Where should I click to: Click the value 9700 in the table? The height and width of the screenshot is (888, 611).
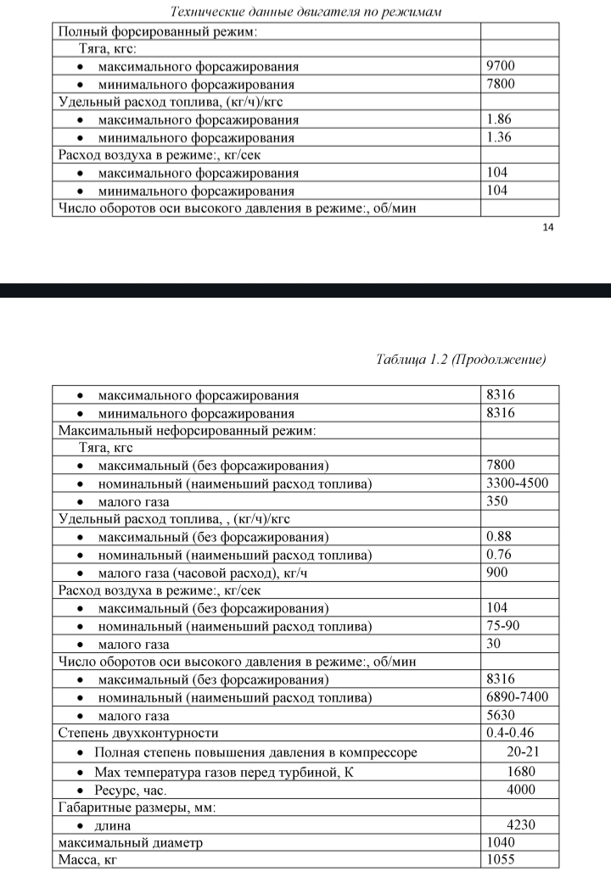[501, 66]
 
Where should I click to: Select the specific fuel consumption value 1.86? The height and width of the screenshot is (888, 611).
[499, 120]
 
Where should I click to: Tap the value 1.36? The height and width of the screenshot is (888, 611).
[499, 137]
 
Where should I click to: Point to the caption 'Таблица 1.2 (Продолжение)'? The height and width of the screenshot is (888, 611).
[460, 359]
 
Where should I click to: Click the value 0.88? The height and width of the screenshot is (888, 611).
[499, 538]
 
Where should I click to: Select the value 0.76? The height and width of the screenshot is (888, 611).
[499, 555]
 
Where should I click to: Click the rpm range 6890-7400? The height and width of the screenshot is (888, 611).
[518, 697]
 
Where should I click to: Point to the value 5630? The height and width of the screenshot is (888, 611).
[501, 715]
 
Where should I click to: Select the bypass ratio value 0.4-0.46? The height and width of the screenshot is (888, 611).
[511, 733]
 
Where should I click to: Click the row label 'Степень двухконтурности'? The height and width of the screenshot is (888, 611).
[137, 733]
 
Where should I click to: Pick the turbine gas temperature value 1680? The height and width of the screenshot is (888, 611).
[520, 771]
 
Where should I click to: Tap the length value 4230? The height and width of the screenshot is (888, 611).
[520, 825]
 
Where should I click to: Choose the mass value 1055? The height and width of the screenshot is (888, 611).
[501, 860]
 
